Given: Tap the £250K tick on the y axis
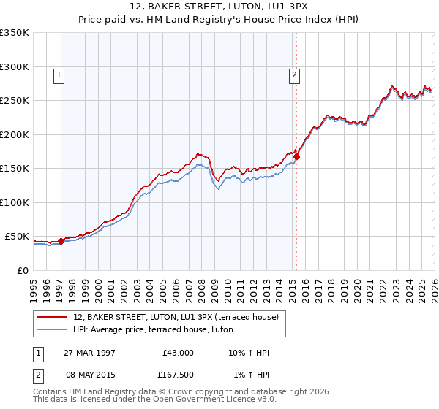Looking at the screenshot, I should click(x=14, y=101).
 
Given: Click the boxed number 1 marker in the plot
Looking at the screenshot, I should click(x=59, y=74).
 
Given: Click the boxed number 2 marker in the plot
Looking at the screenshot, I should click(x=294, y=74).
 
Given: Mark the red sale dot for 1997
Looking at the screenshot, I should click(x=61, y=242).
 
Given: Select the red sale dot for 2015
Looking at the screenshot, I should click(x=296, y=156).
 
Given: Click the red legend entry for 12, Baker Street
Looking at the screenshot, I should click(x=176, y=317).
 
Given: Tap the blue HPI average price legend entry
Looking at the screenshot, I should click(x=152, y=329).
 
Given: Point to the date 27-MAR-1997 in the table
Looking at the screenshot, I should click(x=89, y=353).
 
